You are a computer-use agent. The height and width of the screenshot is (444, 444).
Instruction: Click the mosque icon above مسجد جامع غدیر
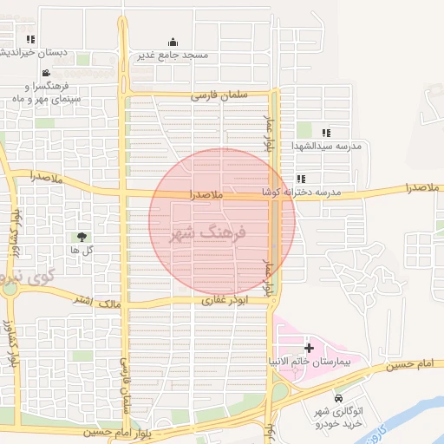click(173, 42)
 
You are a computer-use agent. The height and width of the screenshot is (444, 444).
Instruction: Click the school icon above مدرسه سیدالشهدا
click(326, 133)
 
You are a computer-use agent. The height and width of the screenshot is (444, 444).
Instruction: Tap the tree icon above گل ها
click(82, 237)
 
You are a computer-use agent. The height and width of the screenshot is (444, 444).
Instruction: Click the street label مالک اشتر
click(97, 301)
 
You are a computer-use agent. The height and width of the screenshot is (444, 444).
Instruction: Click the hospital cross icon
click(309, 347)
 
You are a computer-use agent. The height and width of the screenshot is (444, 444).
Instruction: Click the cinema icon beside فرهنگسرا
click(45, 74)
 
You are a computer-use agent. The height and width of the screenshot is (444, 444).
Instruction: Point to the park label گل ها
click(82, 250)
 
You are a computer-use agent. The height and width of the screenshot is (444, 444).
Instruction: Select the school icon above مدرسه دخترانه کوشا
click(300, 180)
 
